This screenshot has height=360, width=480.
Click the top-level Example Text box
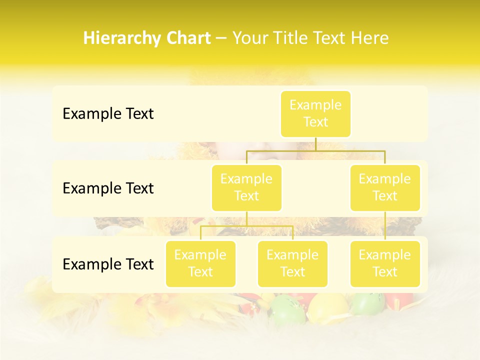click(315, 113)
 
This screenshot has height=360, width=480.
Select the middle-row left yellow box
click(246, 187)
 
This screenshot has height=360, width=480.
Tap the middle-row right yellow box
click(385, 187)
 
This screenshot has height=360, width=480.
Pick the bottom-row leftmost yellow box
click(200, 263)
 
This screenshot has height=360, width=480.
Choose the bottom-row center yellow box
click(292, 263)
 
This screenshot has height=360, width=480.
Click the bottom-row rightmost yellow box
click(385, 263)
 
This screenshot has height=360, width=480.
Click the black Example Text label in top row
click(108, 114)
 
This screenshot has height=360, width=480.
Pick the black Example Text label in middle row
click(108, 188)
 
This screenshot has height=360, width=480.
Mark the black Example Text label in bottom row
click(108, 264)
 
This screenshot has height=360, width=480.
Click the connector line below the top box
click(315, 144)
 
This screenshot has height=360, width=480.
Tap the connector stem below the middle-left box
click(246, 219)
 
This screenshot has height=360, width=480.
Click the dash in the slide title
click(221, 38)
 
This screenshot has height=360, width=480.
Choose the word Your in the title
click(249, 38)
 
